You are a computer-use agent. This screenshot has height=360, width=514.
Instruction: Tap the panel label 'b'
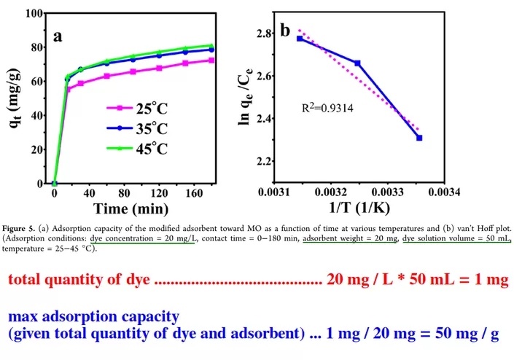click(x=285, y=31)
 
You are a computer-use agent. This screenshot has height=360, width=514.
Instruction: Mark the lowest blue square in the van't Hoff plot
click(x=419, y=138)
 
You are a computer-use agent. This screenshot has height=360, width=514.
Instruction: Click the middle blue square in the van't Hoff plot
click(x=357, y=63)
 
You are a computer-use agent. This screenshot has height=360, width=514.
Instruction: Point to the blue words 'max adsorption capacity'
click(x=93, y=318)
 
